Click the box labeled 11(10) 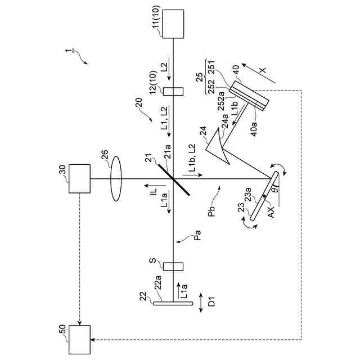pos(174,23)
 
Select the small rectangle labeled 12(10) pos(174,91)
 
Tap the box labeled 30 pos(80,179)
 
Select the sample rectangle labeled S pos(174,265)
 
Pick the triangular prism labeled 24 pos(219,147)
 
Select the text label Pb pos(211,215)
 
